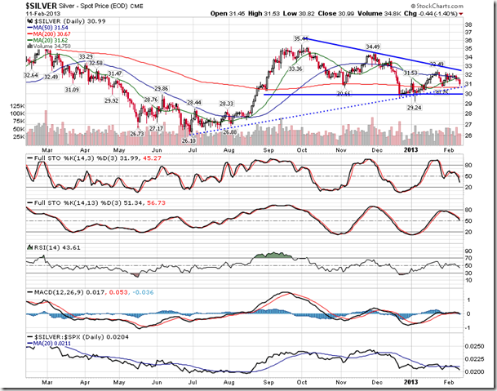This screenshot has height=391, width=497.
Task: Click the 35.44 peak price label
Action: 301,39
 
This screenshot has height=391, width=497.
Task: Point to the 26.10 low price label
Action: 191,140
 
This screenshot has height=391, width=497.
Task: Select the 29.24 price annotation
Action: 414,107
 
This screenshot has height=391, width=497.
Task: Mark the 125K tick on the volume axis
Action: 15,106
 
